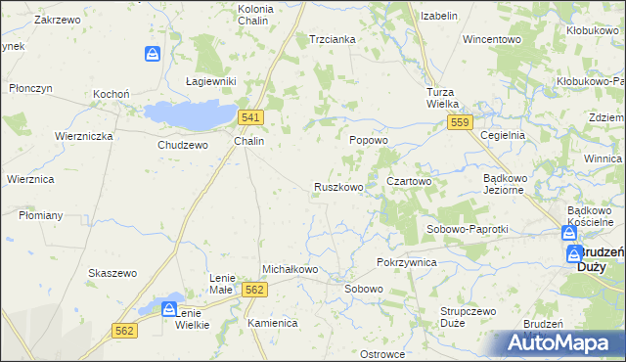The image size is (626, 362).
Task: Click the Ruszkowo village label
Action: (x=338, y=186)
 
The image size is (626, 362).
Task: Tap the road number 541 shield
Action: (x=249, y=117)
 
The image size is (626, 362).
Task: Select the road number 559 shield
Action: (x=462, y=121)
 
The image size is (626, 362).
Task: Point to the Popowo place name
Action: (x=370, y=141)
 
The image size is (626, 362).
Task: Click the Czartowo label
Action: (x=409, y=181)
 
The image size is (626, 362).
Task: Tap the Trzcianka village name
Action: (x=332, y=39)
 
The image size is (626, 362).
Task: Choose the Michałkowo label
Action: (x=291, y=269)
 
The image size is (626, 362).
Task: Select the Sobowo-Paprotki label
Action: (x=466, y=229)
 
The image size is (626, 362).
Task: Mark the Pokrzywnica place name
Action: (x=406, y=263)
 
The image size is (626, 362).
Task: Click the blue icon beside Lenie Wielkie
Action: (x=168, y=310)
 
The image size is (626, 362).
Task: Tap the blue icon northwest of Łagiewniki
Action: (x=153, y=54)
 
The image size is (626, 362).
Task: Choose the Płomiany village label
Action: (x=40, y=215)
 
